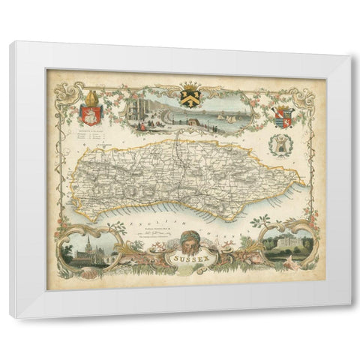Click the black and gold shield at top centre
click(x=187, y=97)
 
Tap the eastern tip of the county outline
click(x=304, y=180)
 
